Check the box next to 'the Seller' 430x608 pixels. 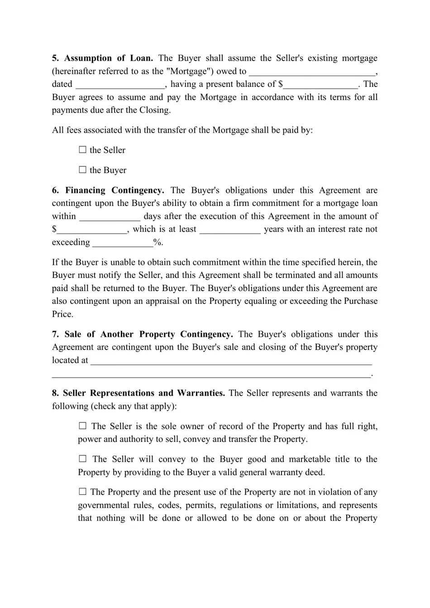click(82, 150)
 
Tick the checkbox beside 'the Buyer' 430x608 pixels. click(82, 170)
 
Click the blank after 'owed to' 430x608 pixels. click(312, 72)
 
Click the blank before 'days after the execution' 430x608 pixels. click(110, 217)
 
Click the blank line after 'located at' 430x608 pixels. click(231, 361)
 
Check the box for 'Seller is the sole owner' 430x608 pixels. click(82, 426)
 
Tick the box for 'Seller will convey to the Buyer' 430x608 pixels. click(82, 459)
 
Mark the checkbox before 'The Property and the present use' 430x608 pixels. click(82, 492)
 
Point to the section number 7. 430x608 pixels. click(55, 335)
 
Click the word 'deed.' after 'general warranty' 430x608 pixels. click(315, 473)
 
